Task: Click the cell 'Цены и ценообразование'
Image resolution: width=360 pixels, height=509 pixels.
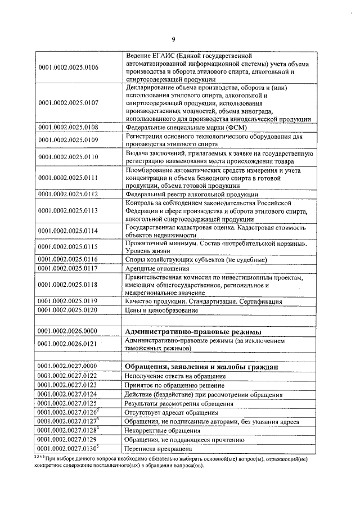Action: (161, 310)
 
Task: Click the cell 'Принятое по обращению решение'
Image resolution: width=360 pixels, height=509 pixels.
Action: (174, 385)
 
